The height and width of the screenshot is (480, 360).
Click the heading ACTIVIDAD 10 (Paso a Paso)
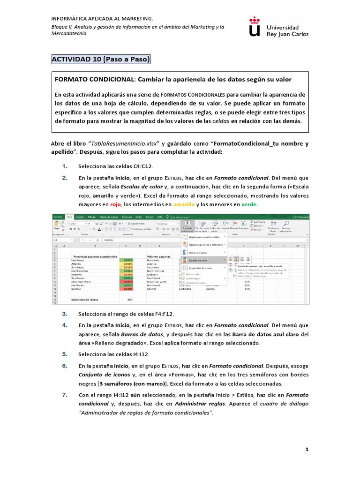coord(100,60)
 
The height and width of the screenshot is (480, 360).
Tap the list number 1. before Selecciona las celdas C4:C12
coord(65,166)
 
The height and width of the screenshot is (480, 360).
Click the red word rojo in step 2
coord(116,204)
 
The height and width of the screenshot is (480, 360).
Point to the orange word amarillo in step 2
coord(184,204)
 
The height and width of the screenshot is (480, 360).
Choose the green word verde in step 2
coord(249,204)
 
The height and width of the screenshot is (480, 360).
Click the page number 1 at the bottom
coord(307,449)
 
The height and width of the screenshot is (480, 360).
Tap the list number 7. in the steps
coord(65,395)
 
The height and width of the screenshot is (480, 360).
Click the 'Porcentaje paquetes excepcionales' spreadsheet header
coord(94,257)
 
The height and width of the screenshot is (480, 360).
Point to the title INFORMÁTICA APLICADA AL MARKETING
coord(102,18)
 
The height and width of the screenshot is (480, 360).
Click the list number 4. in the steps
coord(65,324)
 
